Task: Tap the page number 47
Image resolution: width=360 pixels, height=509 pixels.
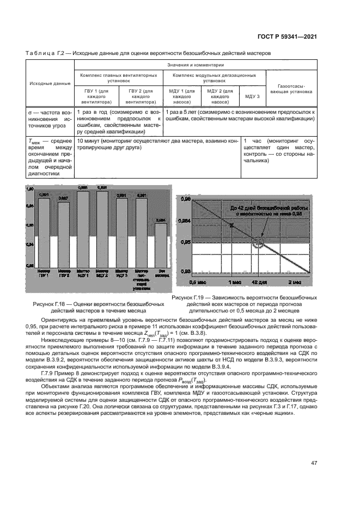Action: pos(314,463)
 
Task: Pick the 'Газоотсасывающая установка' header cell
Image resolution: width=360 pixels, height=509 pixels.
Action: pos(295,89)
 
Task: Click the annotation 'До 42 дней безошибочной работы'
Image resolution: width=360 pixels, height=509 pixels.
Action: pos(269,208)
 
